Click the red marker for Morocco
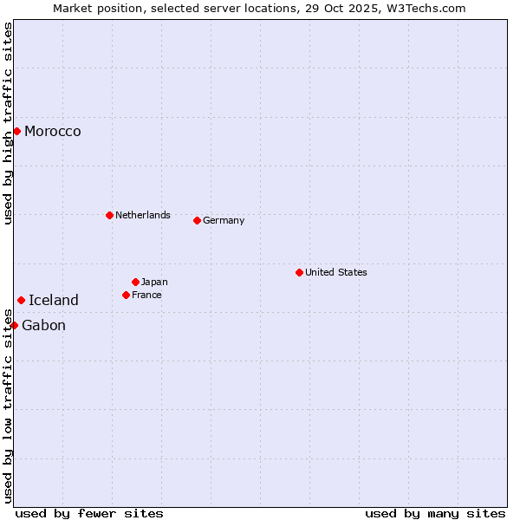[x=16, y=131]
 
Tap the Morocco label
[x=53, y=132]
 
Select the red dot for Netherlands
[x=109, y=215]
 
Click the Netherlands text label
[x=143, y=215]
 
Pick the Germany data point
[x=197, y=220]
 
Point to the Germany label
[x=224, y=220]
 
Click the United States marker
[x=299, y=272]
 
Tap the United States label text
[x=336, y=272]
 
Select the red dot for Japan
[x=135, y=282]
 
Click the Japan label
[x=154, y=282]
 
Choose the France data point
[x=126, y=295]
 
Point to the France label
[x=146, y=295]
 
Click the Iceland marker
[x=21, y=300]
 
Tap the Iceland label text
[x=54, y=301]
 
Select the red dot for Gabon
[x=14, y=325]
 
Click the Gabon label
[x=43, y=326]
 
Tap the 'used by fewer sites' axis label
[x=89, y=513]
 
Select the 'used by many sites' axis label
[x=435, y=513]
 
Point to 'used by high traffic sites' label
[x=9, y=123]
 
